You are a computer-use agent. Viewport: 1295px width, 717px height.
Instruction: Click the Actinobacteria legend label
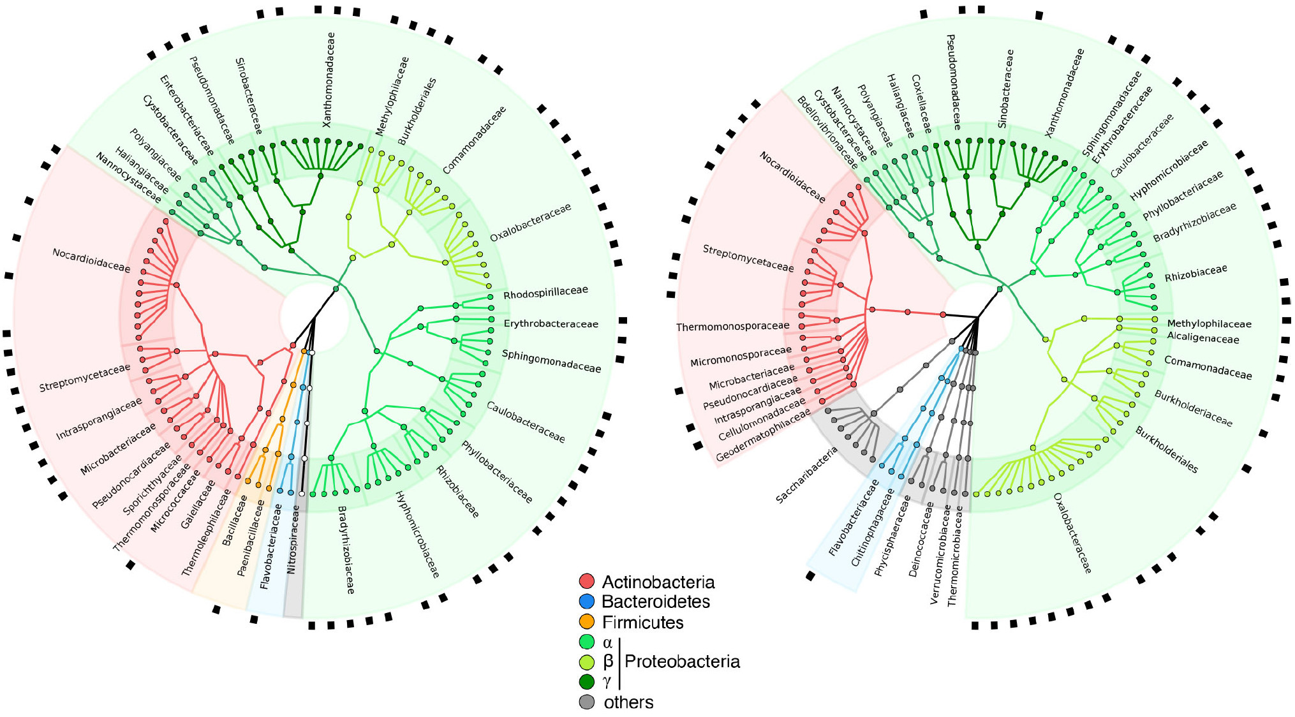pyautogui.click(x=658, y=582)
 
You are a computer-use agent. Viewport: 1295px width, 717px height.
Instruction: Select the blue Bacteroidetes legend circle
pyautogui.click(x=587, y=601)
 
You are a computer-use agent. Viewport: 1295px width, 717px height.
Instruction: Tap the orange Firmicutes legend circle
pyautogui.click(x=587, y=621)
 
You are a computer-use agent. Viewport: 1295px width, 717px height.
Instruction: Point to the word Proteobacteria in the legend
pyautogui.click(x=682, y=661)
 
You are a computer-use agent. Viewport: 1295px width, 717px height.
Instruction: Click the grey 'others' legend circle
pyautogui.click(x=587, y=702)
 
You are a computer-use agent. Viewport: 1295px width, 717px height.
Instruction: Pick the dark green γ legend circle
pyautogui.click(x=587, y=682)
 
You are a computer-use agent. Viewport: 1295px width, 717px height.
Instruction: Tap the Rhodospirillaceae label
pyautogui.click(x=545, y=292)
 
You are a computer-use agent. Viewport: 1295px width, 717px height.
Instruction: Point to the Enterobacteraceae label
pyautogui.click(x=186, y=115)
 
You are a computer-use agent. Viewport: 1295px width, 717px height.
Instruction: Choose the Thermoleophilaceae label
pyautogui.click(x=206, y=533)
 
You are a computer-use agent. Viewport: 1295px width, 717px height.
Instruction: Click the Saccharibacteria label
pyautogui.click(x=806, y=475)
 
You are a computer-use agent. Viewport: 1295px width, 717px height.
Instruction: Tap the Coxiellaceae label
pyautogui.click(x=921, y=104)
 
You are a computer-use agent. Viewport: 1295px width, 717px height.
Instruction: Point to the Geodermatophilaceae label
pyautogui.click(x=762, y=435)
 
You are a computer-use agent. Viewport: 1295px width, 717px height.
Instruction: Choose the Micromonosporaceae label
pyautogui.click(x=741, y=357)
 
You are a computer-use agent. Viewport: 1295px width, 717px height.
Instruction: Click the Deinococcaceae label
pyautogui.click(x=921, y=539)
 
